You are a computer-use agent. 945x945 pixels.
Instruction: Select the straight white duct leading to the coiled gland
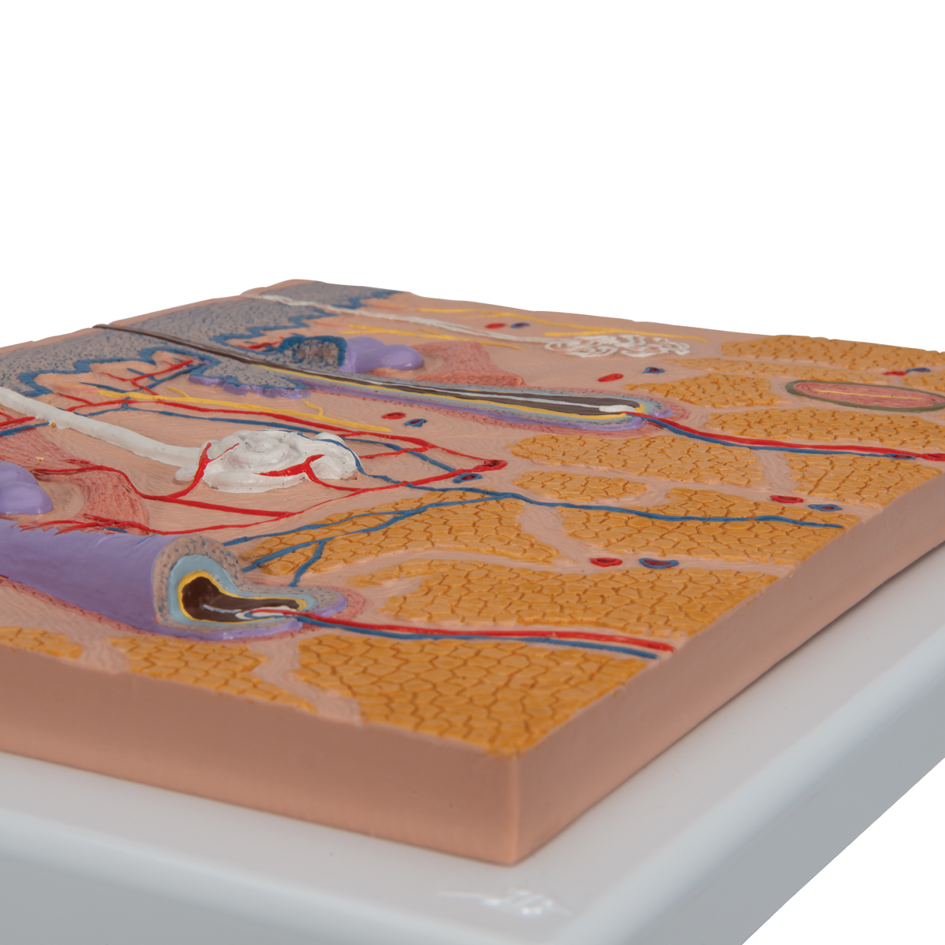click(x=94, y=429)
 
